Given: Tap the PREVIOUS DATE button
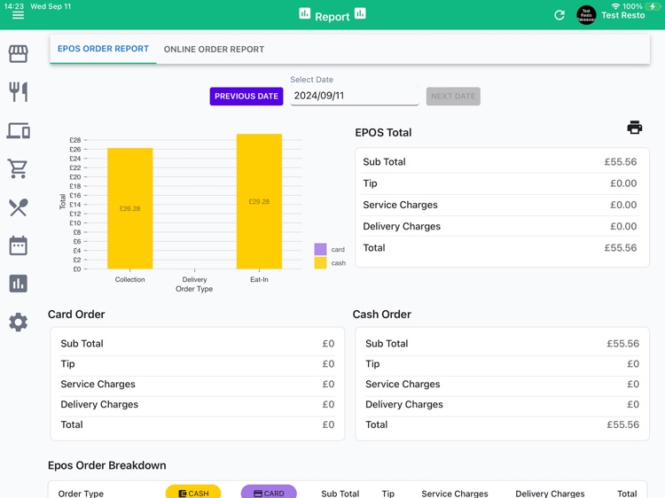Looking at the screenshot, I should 246,96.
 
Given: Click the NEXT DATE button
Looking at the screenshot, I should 453,96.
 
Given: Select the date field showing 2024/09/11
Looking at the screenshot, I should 354,96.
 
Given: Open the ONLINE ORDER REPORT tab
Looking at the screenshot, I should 214,50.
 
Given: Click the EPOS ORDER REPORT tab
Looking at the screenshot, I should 103,49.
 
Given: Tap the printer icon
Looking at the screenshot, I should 634,128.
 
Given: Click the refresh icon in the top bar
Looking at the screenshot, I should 559,15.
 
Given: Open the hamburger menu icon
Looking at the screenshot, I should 18,15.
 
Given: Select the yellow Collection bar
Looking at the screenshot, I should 129,208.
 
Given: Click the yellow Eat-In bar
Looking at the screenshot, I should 259,201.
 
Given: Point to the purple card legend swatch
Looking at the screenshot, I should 320,250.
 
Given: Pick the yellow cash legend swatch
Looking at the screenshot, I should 320,263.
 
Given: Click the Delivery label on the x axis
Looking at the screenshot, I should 194,280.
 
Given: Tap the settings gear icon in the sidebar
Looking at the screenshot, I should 18,323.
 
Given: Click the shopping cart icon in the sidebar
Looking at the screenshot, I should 18,168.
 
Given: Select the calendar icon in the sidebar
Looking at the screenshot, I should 18,245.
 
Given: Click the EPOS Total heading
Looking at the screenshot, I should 383,133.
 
